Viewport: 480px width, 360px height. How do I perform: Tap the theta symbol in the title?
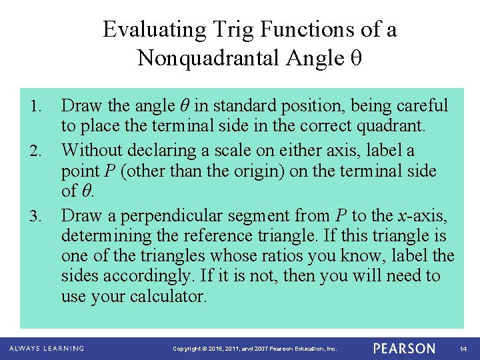[x=355, y=59]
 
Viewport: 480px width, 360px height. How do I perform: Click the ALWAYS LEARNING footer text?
[x=47, y=348]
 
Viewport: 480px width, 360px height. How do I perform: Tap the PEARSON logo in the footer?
[x=404, y=348]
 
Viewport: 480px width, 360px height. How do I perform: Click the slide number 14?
[x=463, y=349]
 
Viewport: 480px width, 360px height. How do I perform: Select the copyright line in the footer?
[x=255, y=349]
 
